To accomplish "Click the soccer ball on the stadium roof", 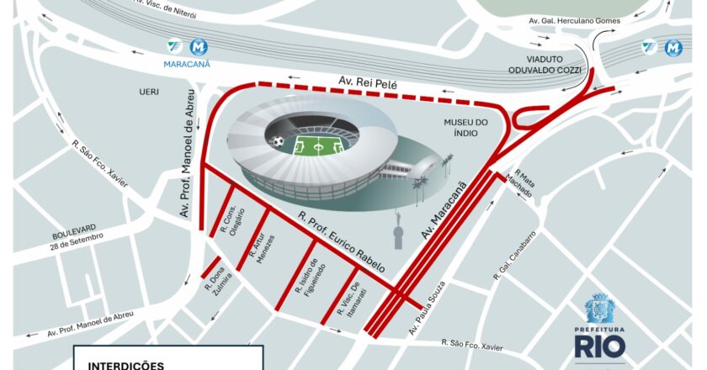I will point(278,142).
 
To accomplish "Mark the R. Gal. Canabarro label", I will point(516,256).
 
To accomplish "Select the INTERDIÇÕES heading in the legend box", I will point(126,365).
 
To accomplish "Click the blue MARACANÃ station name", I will point(187,63).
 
